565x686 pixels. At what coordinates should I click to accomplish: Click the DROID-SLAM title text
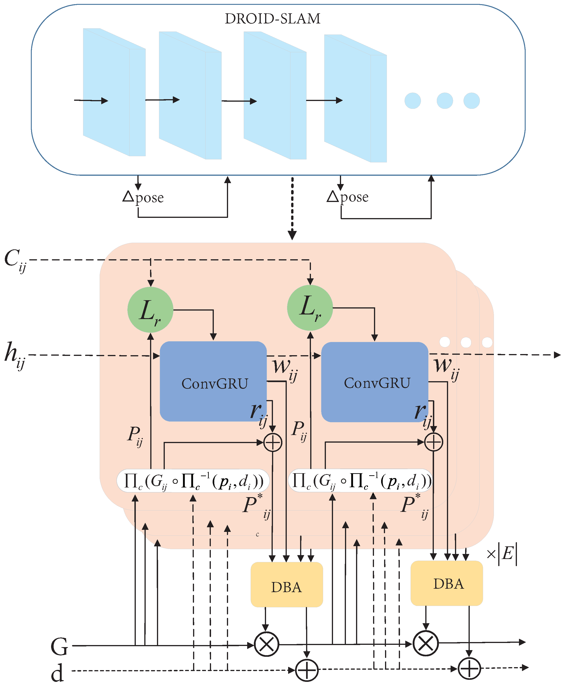point(272,19)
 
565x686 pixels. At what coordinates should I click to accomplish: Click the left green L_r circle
point(150,310)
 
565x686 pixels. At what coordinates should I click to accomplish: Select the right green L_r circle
point(310,308)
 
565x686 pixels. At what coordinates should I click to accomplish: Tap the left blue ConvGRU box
point(213,381)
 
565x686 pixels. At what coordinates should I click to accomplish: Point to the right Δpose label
point(348,197)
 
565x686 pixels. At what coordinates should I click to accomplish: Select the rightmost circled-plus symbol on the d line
point(469,669)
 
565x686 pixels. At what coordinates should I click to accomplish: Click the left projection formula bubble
point(193,481)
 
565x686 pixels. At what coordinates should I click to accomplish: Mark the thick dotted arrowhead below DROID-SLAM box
point(292,235)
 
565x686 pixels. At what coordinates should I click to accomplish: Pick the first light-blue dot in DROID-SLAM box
point(412,101)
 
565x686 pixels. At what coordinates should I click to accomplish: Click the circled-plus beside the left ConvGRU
point(272,442)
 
